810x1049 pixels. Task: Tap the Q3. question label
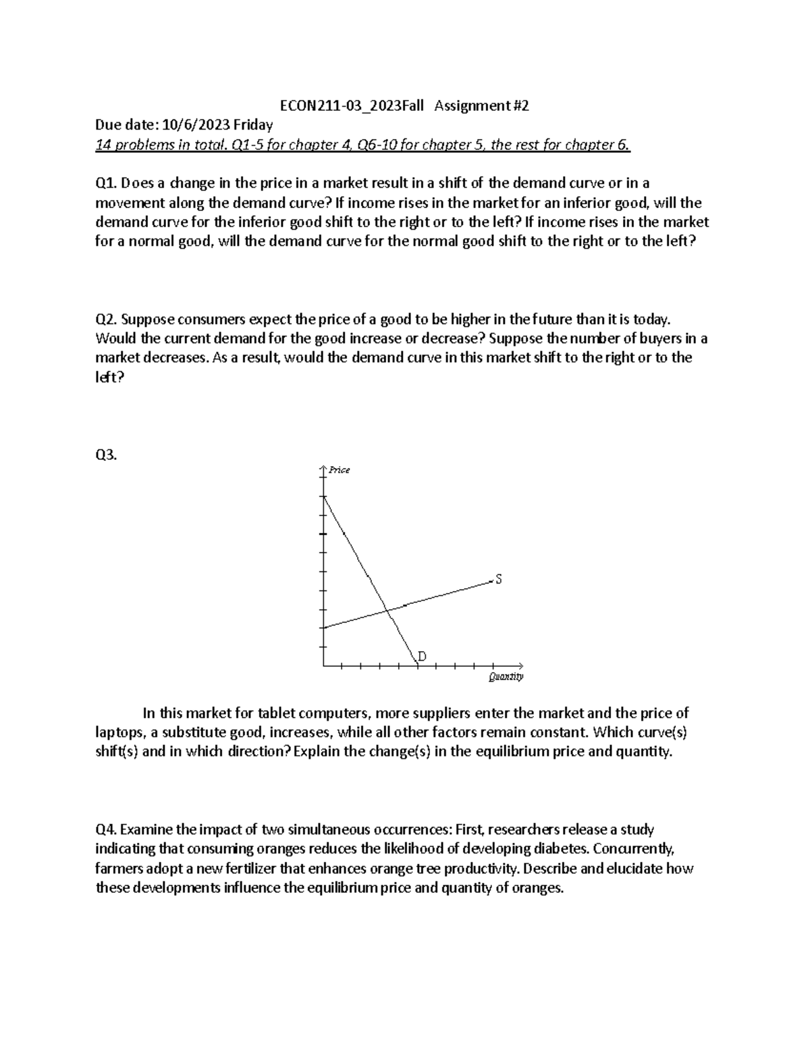(107, 455)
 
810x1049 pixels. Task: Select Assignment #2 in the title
(482, 106)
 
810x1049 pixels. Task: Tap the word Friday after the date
(253, 125)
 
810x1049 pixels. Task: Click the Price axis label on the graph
(340, 470)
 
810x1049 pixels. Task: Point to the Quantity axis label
(506, 677)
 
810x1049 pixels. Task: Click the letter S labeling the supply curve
(499, 580)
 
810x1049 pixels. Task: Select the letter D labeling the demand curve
(423, 656)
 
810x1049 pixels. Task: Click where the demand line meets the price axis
(324, 496)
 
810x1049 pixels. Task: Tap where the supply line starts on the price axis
(324, 628)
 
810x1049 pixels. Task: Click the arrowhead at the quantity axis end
(520, 665)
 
